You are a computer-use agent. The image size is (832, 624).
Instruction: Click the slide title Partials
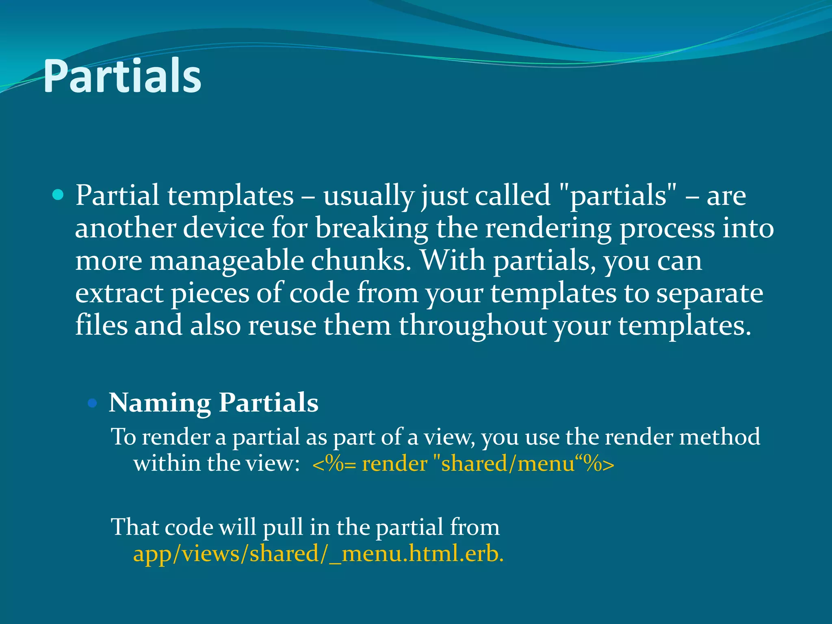click(122, 76)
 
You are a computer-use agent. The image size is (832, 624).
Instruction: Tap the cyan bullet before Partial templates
click(58, 195)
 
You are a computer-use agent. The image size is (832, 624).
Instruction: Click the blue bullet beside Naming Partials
click(93, 403)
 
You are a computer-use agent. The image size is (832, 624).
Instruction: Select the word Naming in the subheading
click(160, 403)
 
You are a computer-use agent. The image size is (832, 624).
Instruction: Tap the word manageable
click(227, 261)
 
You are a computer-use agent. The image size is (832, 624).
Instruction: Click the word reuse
click(282, 325)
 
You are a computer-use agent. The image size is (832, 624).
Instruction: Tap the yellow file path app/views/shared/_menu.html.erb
click(318, 554)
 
